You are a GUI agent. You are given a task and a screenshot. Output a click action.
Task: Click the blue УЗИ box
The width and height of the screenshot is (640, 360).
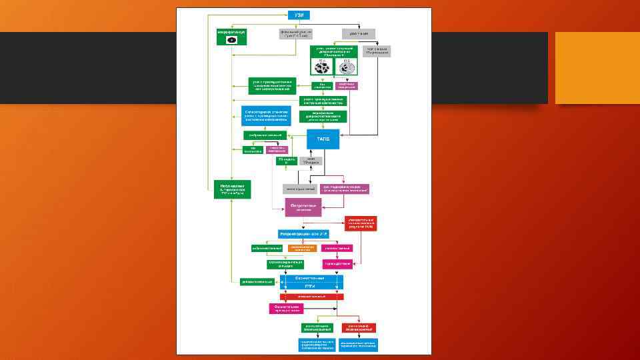(x=299, y=15)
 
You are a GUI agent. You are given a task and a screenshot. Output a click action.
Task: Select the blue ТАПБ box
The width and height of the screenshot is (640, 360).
(x=323, y=139)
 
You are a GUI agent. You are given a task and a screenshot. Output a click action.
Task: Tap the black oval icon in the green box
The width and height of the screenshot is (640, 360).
(x=232, y=40)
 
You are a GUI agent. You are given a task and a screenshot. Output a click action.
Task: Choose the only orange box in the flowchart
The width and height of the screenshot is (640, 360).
(x=302, y=248)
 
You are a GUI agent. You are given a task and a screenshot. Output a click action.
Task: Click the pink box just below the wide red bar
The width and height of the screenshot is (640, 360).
(x=286, y=308)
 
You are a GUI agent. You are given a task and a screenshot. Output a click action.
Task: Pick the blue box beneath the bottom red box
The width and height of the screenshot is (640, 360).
(x=359, y=344)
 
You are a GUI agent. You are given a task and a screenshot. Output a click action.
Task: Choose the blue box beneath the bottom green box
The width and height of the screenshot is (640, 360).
(x=317, y=344)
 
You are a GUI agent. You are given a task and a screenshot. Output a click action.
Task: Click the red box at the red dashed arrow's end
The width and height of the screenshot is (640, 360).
(x=361, y=223)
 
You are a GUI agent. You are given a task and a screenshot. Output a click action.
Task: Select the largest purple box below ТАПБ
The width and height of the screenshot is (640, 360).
(x=303, y=207)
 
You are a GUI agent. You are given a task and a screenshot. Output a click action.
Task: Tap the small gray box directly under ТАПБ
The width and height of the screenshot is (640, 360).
(x=311, y=161)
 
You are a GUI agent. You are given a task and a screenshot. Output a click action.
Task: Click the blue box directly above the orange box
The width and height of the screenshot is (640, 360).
(x=305, y=234)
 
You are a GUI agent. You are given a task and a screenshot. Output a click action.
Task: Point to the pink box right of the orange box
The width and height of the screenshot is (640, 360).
(x=337, y=248)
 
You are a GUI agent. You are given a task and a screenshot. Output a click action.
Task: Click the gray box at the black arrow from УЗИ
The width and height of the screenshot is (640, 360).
(x=359, y=33)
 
